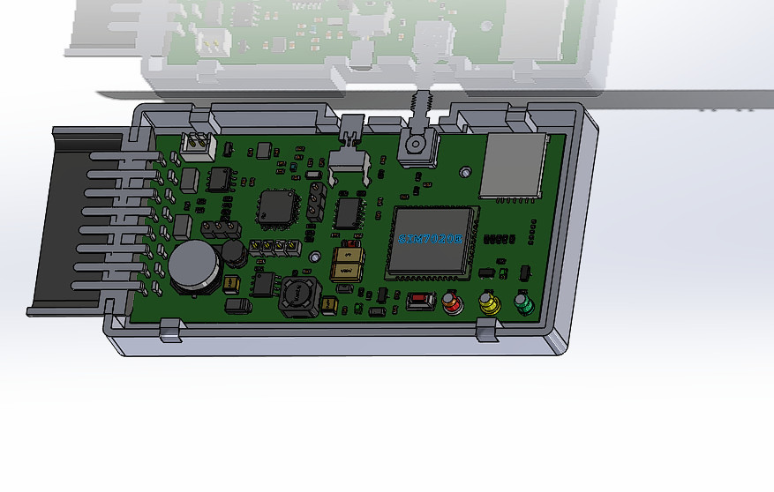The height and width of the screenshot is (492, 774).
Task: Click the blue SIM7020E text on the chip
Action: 430,239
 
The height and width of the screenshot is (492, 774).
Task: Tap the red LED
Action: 453,305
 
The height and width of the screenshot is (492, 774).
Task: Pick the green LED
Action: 523,305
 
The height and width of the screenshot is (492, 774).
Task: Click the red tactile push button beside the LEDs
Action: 420,302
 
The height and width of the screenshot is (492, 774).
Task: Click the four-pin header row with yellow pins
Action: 272,248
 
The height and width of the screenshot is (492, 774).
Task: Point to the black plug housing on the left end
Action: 79,220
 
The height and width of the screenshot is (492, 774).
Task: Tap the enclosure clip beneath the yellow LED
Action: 486,331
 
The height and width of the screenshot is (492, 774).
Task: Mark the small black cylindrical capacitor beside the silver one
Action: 234,254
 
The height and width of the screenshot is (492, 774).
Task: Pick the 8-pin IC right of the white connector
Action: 218,179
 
